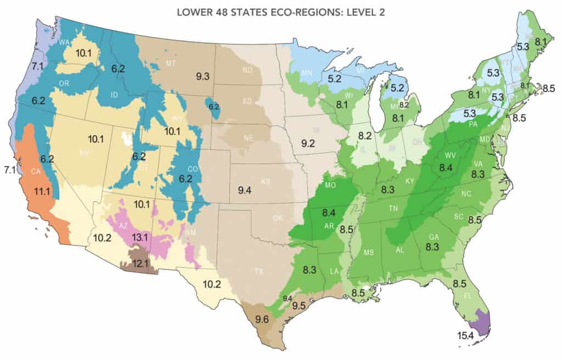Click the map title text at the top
(280, 12)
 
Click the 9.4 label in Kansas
(244, 191)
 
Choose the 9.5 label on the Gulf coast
(299, 306)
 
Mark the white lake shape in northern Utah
(128, 139)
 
